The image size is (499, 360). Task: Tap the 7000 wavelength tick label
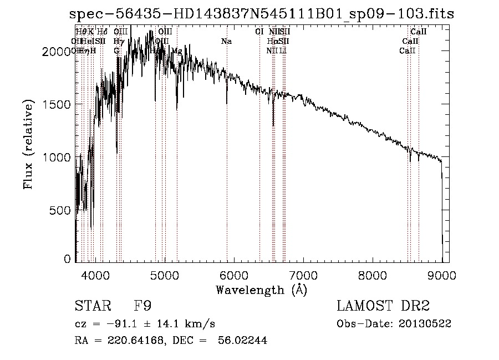(x=303, y=275)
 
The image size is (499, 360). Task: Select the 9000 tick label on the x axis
(x=441, y=275)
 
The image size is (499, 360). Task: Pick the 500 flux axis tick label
(x=61, y=211)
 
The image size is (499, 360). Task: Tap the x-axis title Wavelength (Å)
(x=261, y=290)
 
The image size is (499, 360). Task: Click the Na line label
(x=226, y=41)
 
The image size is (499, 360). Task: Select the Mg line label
(x=176, y=50)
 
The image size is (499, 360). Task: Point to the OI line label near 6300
(x=259, y=32)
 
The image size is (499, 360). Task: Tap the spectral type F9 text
(x=143, y=306)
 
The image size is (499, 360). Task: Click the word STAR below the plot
(x=89, y=306)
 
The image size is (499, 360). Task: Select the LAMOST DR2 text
(x=383, y=306)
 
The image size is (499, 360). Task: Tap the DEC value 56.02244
(x=243, y=341)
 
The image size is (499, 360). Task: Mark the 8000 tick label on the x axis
(x=372, y=275)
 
